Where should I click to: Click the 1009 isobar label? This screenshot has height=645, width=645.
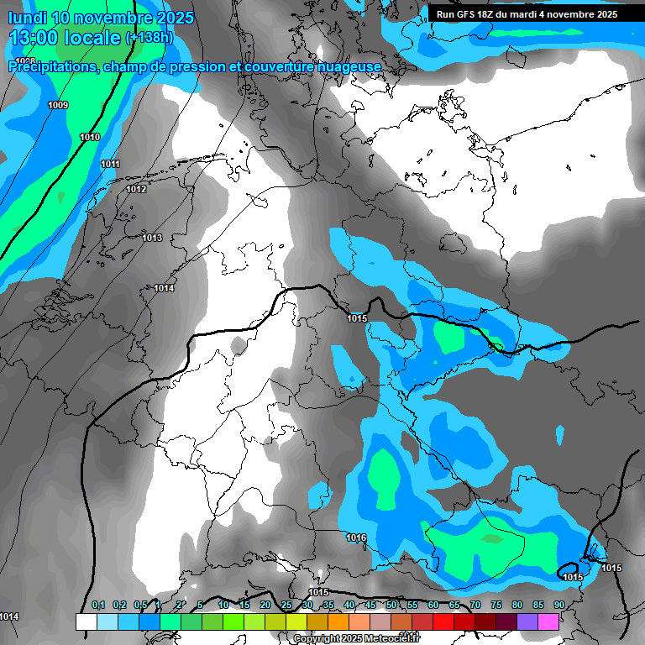point(59,105)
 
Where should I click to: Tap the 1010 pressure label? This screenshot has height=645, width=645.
point(90,137)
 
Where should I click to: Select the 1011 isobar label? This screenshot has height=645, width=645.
point(110,164)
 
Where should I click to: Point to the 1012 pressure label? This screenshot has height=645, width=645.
point(136,189)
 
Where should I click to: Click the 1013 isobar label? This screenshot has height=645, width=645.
point(152,238)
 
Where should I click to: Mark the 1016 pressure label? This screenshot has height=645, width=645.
point(356,537)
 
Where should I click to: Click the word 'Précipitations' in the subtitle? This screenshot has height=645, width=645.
point(52,66)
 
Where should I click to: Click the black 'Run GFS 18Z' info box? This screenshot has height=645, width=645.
point(527,14)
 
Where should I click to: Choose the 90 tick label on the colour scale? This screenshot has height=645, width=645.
point(558,605)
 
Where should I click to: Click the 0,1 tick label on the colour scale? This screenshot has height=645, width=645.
point(97,605)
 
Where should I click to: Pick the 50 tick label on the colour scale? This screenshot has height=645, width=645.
point(391,605)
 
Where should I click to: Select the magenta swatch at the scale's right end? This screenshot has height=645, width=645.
point(548,621)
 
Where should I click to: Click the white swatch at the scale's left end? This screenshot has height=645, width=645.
point(86,621)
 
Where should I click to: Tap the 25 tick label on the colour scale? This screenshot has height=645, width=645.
point(286,605)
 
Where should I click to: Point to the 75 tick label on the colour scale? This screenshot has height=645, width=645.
point(496,605)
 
